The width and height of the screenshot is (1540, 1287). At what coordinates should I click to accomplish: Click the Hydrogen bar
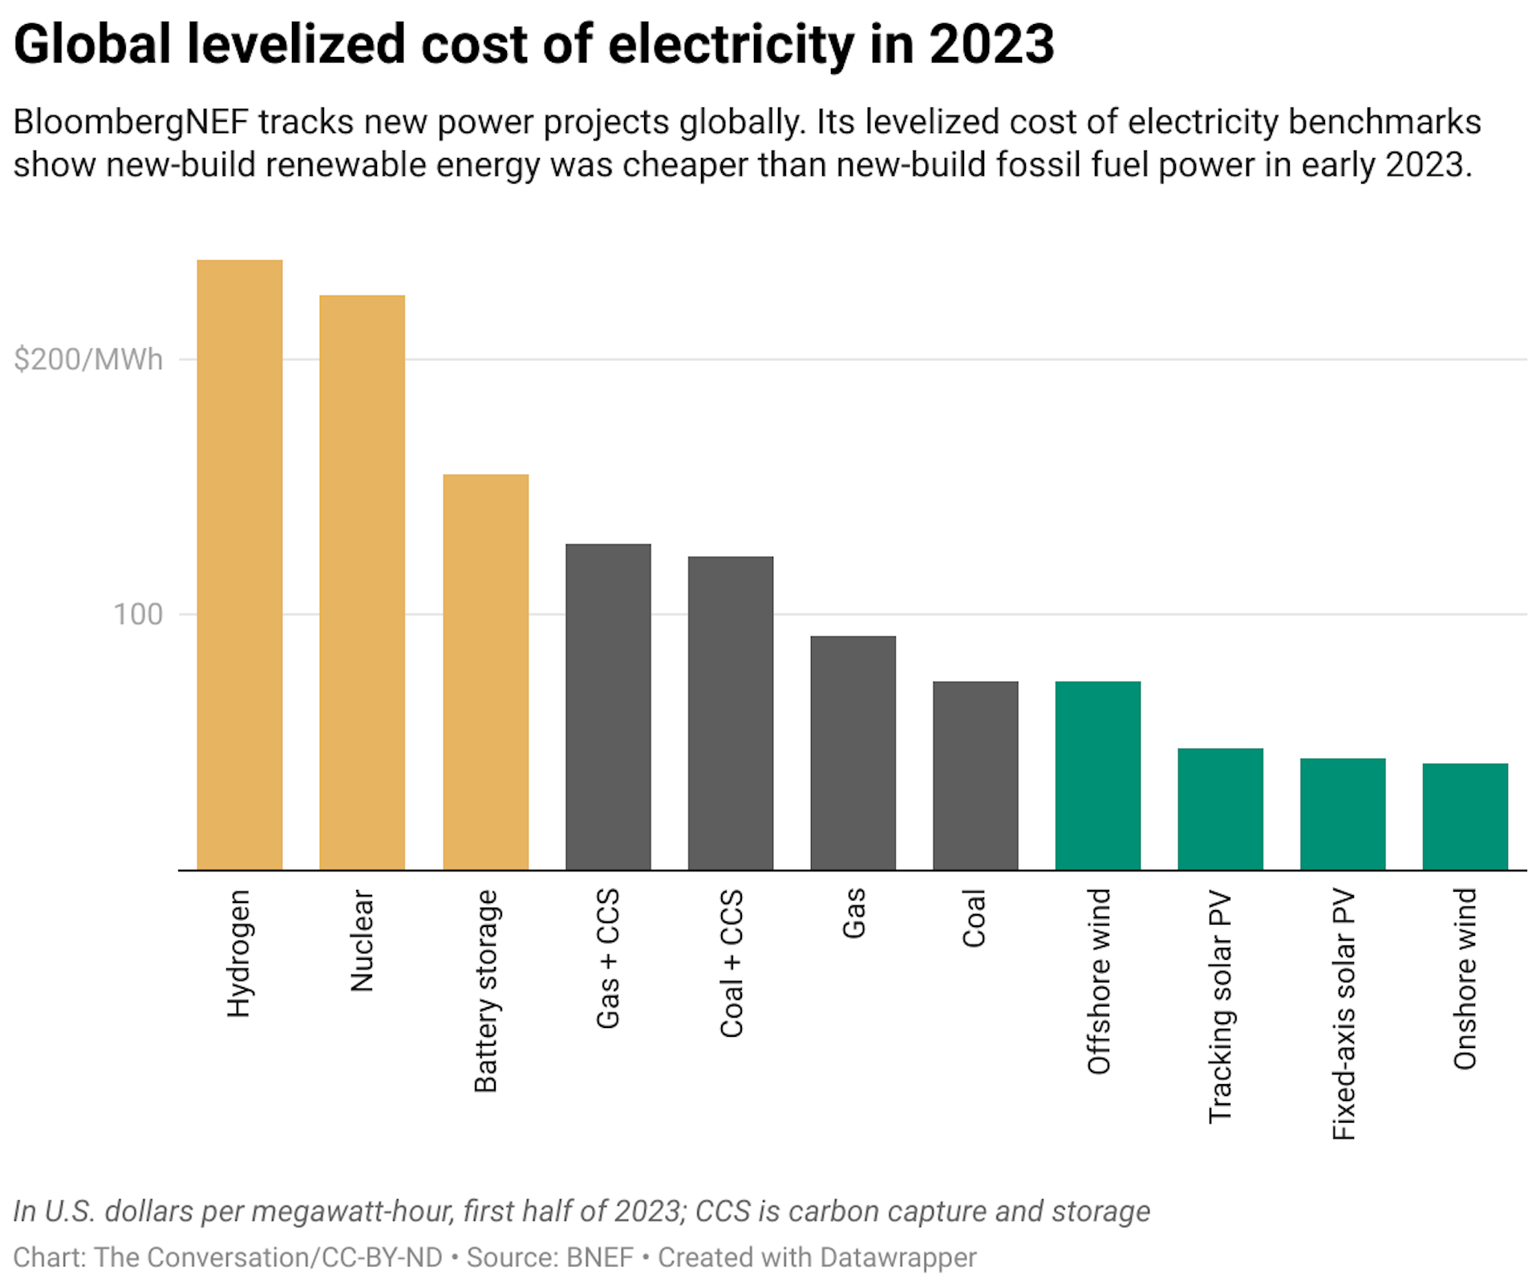point(239,565)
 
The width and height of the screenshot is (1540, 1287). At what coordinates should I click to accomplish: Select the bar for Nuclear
point(362,582)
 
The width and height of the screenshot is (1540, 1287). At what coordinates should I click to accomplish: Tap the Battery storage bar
point(485,672)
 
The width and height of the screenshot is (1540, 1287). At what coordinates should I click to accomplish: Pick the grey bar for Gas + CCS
point(608,706)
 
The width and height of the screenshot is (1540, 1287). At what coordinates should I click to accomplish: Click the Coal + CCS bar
point(731,713)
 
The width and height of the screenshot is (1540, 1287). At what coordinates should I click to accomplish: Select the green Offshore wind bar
point(1097,775)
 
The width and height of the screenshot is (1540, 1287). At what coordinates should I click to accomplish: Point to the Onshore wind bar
point(1465,816)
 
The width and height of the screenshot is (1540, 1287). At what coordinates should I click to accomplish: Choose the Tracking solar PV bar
point(1220,809)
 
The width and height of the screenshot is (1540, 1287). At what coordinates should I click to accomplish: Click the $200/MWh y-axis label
point(88,359)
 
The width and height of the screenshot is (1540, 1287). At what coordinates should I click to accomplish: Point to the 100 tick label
point(137,615)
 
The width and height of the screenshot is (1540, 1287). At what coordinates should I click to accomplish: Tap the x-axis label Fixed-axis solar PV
point(1343,1014)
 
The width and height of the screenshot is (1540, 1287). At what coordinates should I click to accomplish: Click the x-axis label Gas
point(853,913)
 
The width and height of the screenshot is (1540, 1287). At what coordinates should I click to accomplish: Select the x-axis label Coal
point(975,918)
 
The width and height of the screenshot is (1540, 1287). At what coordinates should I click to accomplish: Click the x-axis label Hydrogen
point(239,953)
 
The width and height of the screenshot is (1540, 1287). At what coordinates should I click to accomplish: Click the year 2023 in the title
point(991,44)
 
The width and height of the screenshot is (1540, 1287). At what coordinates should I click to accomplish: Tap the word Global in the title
point(92,44)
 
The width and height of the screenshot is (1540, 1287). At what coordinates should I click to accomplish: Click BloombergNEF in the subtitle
point(131,123)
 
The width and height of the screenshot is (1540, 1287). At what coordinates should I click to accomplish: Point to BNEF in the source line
point(599,1257)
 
